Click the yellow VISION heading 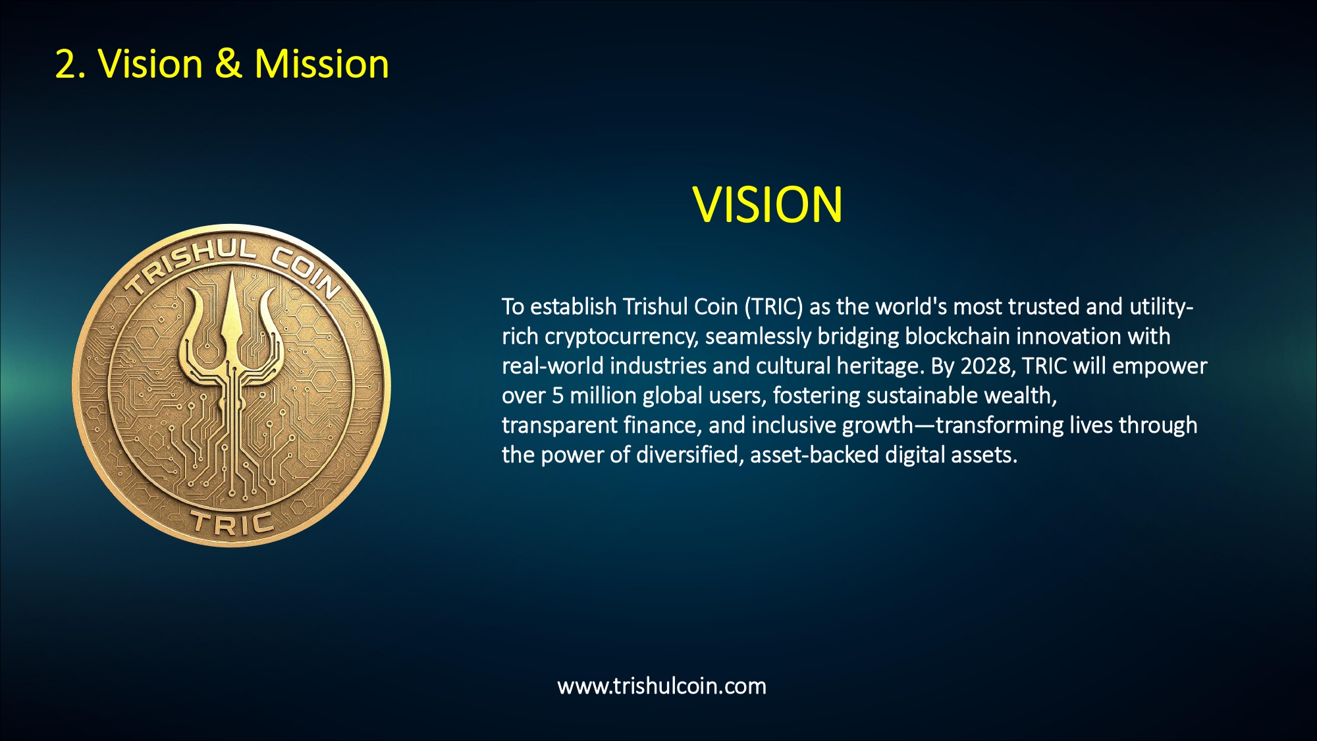[x=767, y=205]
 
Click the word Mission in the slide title [x=321, y=65]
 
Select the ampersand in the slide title [x=228, y=65]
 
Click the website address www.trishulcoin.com [x=662, y=686]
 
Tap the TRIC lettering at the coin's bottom [x=232, y=524]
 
